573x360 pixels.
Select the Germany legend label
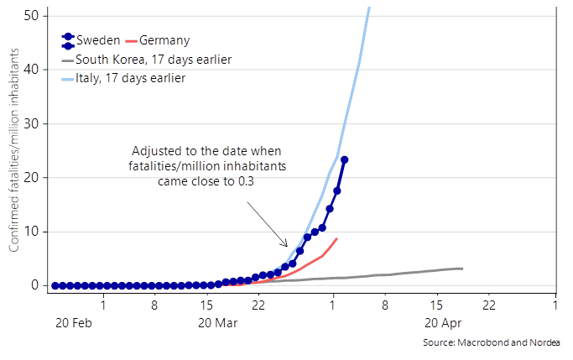pyautogui.click(x=164, y=40)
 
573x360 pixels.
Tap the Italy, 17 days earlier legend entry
pyautogui.click(x=130, y=78)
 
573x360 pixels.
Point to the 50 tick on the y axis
pyautogui.click(x=31, y=16)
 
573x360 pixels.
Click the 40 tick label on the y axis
pyautogui.click(x=31, y=70)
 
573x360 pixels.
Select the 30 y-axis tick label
pyautogui.click(x=31, y=123)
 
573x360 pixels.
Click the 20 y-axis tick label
pyautogui.click(x=31, y=177)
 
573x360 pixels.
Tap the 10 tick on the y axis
pyautogui.click(x=31, y=231)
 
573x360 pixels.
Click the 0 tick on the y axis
pyautogui.click(x=34, y=285)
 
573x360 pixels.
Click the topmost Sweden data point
pyautogui.click(x=344, y=159)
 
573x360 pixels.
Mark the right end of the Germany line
pyautogui.click(x=336, y=238)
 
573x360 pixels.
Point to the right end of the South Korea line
pyautogui.click(x=462, y=269)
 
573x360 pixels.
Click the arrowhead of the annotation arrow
pyautogui.click(x=287, y=247)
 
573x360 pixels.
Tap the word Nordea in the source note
pyautogui.click(x=544, y=342)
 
